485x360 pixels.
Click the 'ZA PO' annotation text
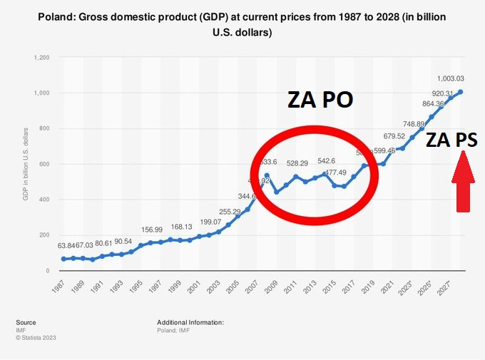(320, 100)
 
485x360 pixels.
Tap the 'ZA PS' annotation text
(452, 140)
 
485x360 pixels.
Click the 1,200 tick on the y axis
(41, 57)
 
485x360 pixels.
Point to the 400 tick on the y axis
(44, 200)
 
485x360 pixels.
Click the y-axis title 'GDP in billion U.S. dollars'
(26, 163)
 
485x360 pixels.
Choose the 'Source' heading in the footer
(26, 322)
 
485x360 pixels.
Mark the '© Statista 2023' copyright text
(36, 338)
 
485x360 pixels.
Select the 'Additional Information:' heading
(190, 322)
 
